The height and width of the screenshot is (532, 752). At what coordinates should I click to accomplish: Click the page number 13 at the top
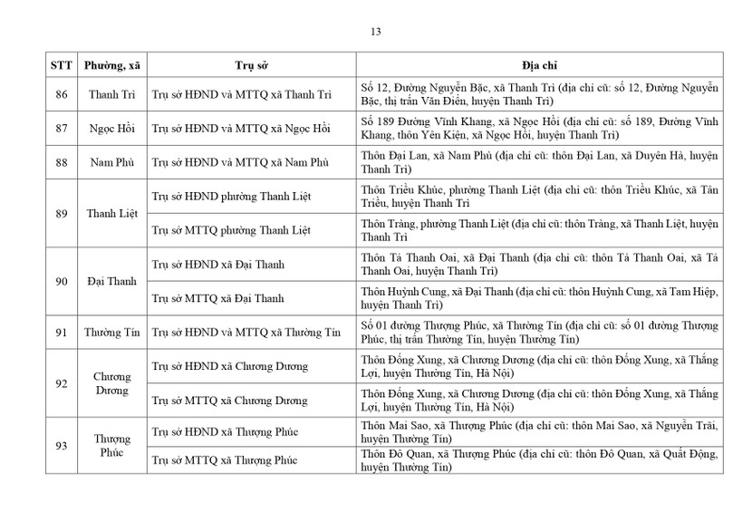tap(375, 32)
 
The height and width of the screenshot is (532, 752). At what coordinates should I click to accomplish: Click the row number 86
tap(61, 94)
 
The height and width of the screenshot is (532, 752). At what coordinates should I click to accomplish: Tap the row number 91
tap(61, 333)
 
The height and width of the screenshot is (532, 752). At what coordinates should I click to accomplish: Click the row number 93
tap(61, 445)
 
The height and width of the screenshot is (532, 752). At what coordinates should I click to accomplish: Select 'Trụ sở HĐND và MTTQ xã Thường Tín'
tap(246, 333)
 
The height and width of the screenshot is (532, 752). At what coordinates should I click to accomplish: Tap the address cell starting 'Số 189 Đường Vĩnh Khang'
tap(539, 129)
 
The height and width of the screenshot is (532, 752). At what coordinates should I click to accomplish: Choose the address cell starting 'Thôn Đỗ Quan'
tap(539, 461)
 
